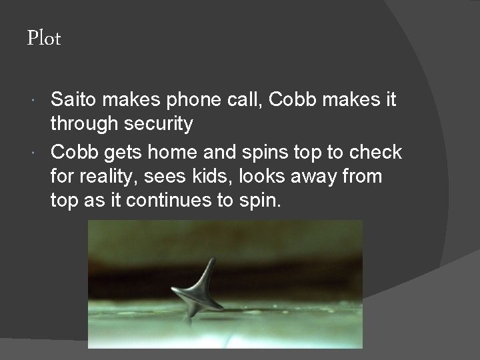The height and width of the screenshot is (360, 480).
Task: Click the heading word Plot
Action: click(x=43, y=39)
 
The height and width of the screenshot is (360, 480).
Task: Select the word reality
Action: click(x=109, y=177)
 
